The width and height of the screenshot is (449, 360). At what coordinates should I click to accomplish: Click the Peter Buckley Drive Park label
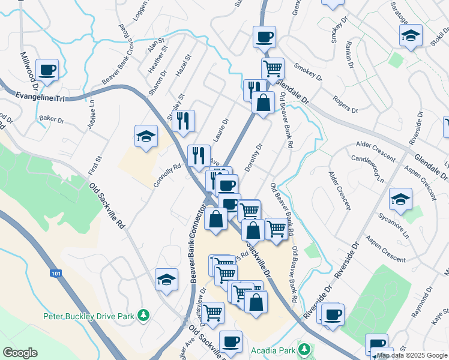coord(89,315)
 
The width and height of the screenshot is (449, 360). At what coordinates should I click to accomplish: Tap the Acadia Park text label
coord(276,349)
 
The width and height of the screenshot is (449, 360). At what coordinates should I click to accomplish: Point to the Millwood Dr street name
coord(29,71)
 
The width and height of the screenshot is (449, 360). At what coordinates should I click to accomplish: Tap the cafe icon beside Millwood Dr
coord(47,70)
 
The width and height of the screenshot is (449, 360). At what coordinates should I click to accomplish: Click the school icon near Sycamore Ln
coord(400,199)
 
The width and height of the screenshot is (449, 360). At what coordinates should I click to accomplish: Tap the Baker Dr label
coord(51,120)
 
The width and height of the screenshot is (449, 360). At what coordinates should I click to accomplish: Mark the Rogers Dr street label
coord(345,106)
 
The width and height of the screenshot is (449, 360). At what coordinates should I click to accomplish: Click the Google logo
coord(20,352)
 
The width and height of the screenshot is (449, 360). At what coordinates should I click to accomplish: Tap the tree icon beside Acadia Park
coord(305,349)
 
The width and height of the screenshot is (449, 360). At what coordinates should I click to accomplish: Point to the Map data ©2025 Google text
coord(412,355)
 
